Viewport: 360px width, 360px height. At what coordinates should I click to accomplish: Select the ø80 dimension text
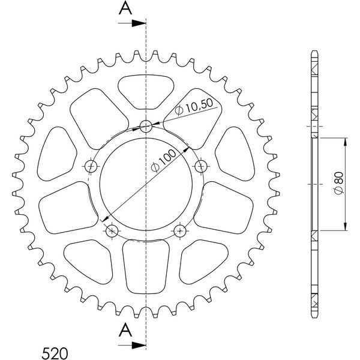339,183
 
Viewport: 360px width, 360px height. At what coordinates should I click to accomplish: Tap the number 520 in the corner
55,353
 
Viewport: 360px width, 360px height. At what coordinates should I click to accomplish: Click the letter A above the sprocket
125,8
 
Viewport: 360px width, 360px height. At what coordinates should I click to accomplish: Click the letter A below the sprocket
125,329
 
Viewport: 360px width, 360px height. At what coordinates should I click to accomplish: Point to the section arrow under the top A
132,23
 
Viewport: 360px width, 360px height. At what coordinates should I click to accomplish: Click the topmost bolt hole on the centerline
146,126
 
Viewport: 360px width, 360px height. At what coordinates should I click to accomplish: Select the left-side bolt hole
91,166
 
